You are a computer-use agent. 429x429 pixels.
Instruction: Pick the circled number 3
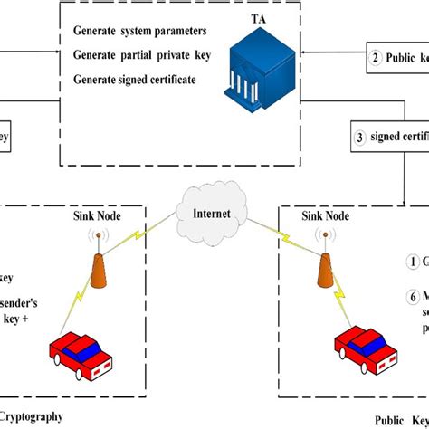coord(360,138)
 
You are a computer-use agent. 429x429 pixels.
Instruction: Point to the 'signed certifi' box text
coord(398,138)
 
